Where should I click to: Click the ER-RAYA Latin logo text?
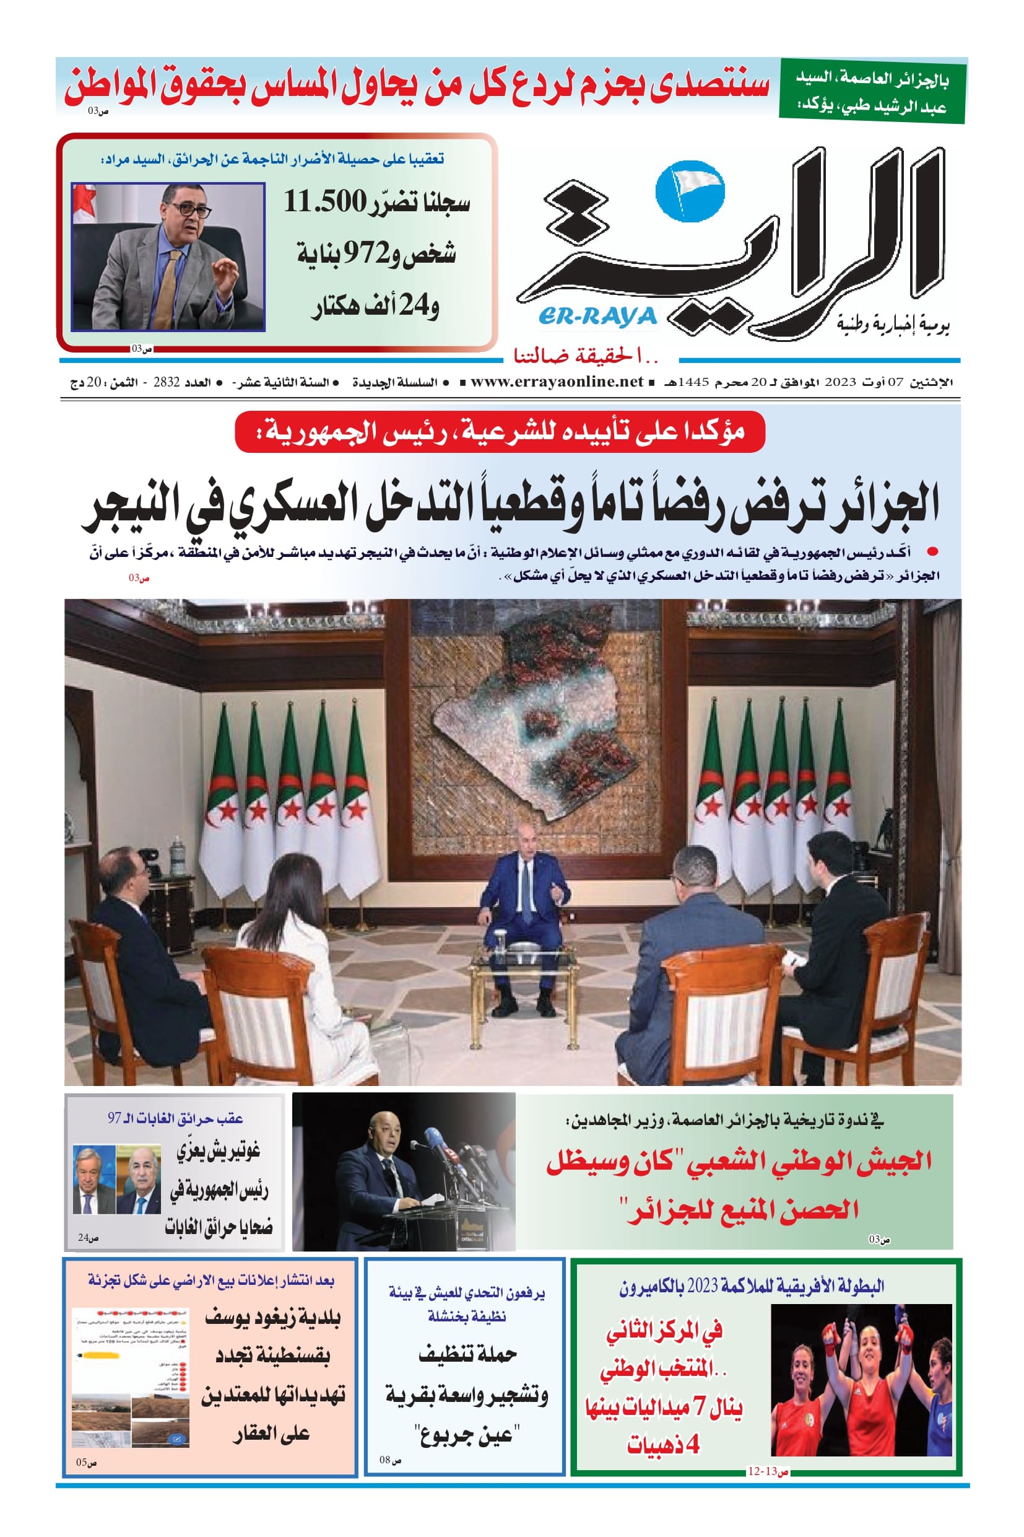[x=597, y=317]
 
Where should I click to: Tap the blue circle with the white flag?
[x=689, y=191]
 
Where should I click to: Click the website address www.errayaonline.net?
[x=557, y=382]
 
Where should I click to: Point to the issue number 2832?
[x=166, y=382]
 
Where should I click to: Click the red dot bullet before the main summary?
[x=932, y=551]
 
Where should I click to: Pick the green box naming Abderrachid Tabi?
[x=871, y=92]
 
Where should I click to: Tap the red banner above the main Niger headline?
[x=500, y=431]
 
